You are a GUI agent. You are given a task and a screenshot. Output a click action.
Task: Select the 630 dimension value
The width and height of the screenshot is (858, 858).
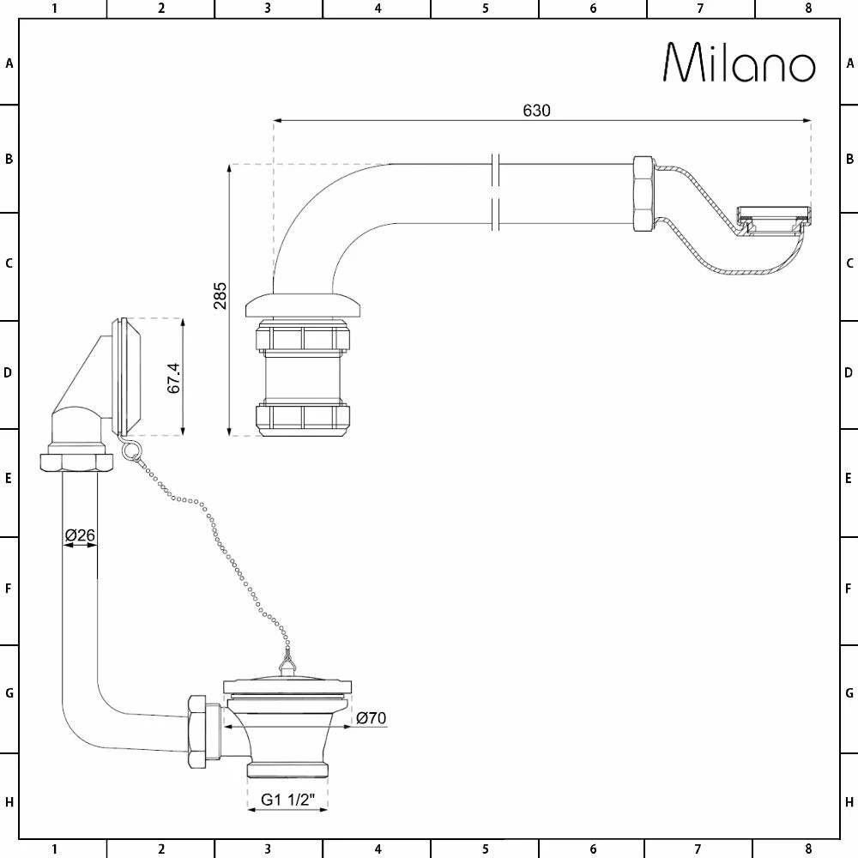[x=536, y=111]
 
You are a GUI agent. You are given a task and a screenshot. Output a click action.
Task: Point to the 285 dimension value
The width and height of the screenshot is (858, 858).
[x=221, y=297]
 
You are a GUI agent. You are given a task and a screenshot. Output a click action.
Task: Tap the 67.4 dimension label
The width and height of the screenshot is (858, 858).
[x=173, y=377]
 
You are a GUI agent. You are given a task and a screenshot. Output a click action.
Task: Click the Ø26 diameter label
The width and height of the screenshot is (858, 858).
[x=80, y=536]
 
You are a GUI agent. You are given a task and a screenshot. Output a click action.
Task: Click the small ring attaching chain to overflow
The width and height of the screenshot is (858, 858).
[x=129, y=451]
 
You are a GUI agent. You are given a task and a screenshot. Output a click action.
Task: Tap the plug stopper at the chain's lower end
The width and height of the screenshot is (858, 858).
[x=287, y=665]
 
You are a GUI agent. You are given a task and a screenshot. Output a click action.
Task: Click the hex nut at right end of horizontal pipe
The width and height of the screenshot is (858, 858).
[x=643, y=194]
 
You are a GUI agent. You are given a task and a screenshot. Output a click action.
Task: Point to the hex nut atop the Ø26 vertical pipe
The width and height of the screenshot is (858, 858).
[x=76, y=462]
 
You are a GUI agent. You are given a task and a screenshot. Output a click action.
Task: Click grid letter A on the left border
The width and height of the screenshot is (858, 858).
[x=9, y=63]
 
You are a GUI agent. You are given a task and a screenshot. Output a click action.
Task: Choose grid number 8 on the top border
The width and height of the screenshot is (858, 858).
[x=808, y=9]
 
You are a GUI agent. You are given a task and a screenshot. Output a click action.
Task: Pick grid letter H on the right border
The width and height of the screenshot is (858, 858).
[x=849, y=802]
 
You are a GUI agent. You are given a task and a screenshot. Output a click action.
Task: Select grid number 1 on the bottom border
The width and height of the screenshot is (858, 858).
[x=54, y=849]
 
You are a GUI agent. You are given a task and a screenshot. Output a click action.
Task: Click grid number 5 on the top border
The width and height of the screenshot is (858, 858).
[x=485, y=9]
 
